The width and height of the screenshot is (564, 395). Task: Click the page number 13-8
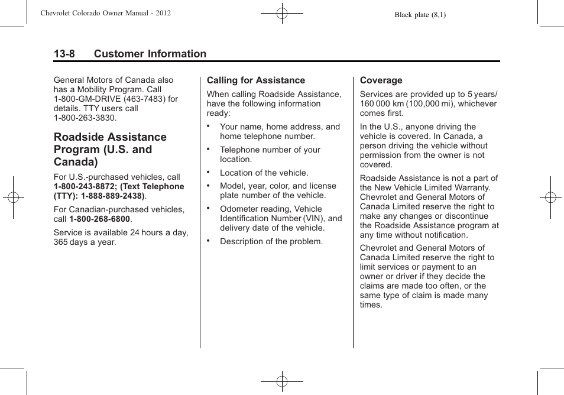64,54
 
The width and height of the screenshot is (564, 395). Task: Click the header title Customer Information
150,54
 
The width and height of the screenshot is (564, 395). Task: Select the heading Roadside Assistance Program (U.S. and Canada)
111,149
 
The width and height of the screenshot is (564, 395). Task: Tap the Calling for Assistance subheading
255,80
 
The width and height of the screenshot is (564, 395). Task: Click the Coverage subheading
381,80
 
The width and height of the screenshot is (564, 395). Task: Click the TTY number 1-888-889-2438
112,196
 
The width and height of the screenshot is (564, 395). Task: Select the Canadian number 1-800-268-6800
100,219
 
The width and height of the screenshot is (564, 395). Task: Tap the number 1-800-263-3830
85,118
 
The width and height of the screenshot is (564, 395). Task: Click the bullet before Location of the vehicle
209,172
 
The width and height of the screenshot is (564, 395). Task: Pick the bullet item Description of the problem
271,241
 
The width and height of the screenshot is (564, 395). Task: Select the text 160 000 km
383,103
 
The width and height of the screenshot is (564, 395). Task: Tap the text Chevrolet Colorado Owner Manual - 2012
106,12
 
